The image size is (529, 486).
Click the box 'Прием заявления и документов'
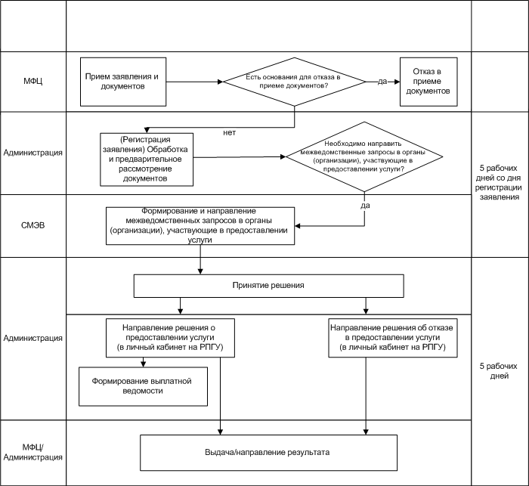pos(123,82)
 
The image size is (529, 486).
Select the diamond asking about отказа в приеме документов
pos(295,82)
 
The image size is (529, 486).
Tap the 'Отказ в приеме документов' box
pos(428,82)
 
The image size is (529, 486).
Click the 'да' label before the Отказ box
pos(382,82)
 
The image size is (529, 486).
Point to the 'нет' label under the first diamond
pos(230,132)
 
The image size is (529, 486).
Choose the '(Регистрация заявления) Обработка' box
pos(147,159)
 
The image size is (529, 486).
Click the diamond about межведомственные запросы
pos(364,157)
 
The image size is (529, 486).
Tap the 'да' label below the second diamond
pos(365,205)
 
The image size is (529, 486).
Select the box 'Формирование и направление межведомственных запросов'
pos(200,226)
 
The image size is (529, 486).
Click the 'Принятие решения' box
pos(268,286)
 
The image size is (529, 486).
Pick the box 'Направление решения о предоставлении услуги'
pos(170,338)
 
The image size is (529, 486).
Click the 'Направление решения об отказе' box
pos(393,338)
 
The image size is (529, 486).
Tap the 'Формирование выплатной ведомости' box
pos(143,386)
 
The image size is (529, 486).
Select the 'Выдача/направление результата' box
pos(268,453)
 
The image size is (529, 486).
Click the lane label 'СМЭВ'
pos(32,225)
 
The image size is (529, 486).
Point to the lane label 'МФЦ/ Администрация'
pos(32,452)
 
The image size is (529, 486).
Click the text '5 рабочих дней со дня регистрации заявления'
pos(498,183)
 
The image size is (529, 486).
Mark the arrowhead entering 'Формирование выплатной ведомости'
pos(143,364)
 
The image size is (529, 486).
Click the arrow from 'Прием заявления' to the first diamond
pos(195,82)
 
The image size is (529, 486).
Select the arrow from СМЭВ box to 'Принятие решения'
pos(200,259)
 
